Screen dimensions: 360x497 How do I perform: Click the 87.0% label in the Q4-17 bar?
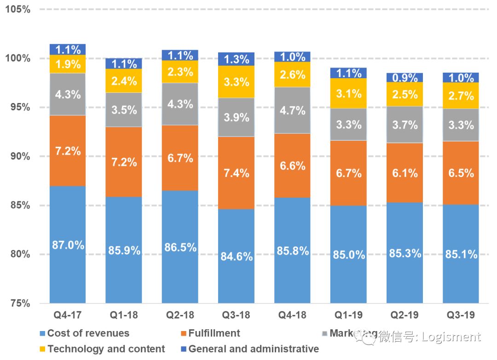coord(68,245)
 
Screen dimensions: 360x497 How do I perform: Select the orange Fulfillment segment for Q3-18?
coord(236,173)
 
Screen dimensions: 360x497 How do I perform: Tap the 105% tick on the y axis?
coord(18,9)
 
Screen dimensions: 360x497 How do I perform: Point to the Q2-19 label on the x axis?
coord(405,315)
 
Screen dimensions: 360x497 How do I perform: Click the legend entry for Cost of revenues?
coord(88,333)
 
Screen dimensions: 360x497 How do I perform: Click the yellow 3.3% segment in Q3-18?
coord(236,82)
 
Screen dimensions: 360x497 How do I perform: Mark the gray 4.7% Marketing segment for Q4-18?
coord(292,110)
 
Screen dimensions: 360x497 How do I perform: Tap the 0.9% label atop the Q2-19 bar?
coord(405,78)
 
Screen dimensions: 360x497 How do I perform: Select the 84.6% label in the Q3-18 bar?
coord(236,256)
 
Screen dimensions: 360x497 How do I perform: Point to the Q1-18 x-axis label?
coord(124,315)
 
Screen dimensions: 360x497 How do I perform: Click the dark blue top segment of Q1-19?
coord(348,73)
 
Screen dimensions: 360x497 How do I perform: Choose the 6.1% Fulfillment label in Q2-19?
coord(405,173)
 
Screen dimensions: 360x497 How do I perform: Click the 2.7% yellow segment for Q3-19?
coord(461,96)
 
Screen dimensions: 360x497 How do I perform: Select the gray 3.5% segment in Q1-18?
coord(124,110)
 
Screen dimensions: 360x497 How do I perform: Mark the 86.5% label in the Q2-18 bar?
coord(180,247)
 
